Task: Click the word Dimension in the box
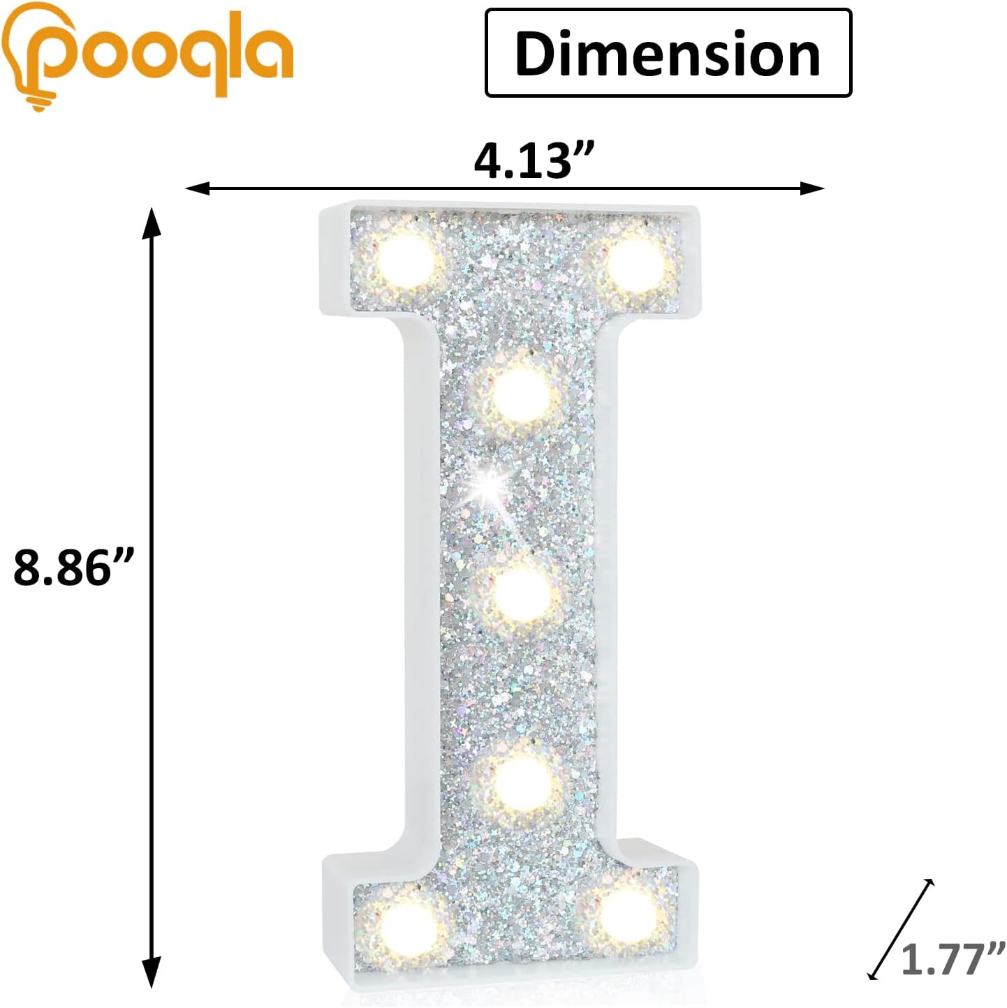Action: pyautogui.click(x=668, y=54)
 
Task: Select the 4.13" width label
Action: pyautogui.click(x=534, y=161)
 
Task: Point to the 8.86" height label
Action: pyautogui.click(x=73, y=567)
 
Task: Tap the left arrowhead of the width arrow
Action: pyautogui.click(x=196, y=188)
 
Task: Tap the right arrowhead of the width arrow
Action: pyautogui.click(x=814, y=188)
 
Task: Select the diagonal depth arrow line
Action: pyautogui.click(x=901, y=928)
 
